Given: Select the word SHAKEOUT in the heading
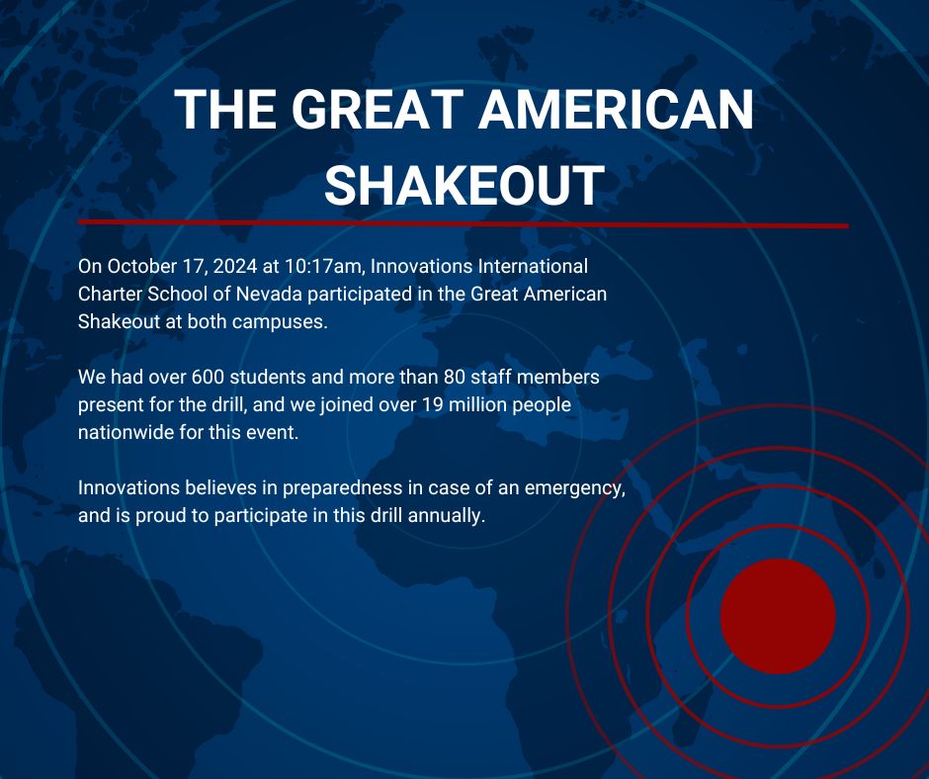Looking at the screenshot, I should pyautogui.click(x=464, y=185).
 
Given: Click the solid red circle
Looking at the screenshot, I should pyautogui.click(x=778, y=616).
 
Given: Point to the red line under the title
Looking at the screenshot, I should pyautogui.click(x=464, y=224).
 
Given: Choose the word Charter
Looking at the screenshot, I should pyautogui.click(x=109, y=294).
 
